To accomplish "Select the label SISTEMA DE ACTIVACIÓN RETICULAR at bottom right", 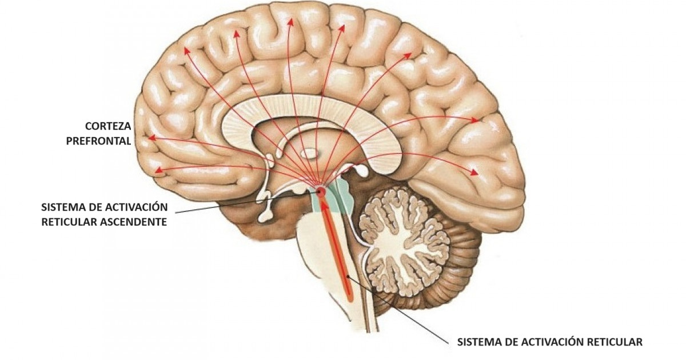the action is [550, 342].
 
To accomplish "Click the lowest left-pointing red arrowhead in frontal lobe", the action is [159, 169].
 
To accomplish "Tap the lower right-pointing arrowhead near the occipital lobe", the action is [474, 171].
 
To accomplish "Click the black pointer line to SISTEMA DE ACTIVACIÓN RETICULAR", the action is [400, 311].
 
